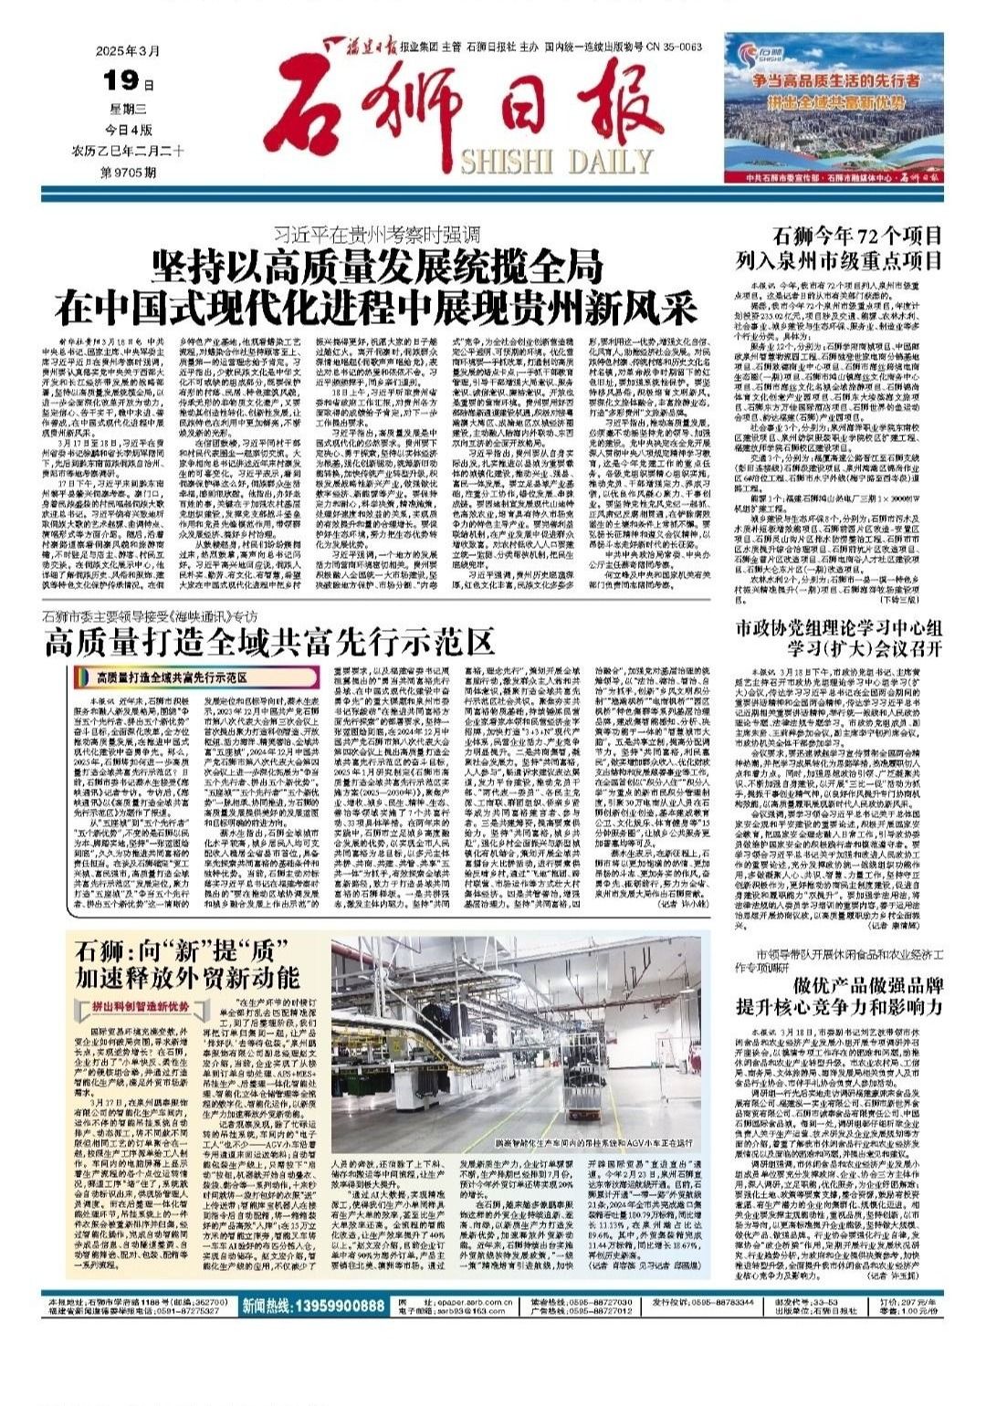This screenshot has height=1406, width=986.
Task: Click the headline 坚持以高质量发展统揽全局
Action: pyautogui.click(x=378, y=268)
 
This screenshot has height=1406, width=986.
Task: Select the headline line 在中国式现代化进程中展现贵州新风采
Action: pyautogui.click(x=376, y=307)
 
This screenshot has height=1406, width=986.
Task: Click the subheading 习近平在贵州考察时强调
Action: pyautogui.click(x=376, y=236)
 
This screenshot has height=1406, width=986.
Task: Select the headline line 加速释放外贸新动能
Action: pyautogui.click(x=175, y=978)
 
